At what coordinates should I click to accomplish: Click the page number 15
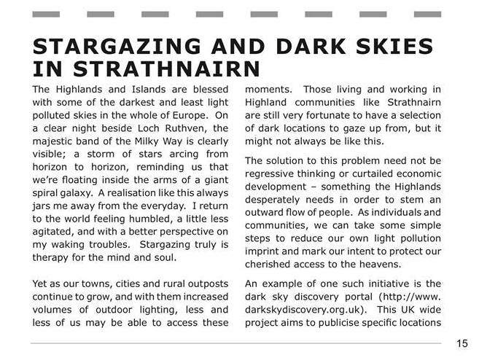tap(462, 343)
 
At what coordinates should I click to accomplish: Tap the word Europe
tap(183, 115)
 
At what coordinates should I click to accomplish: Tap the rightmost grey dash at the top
tap(428, 15)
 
